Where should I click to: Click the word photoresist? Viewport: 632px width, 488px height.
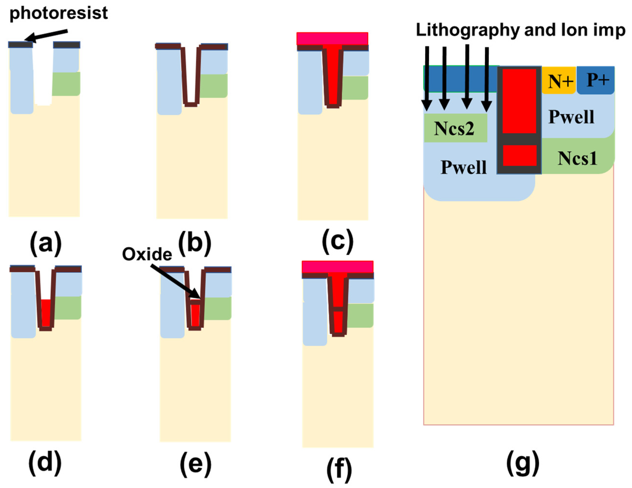[x=59, y=13]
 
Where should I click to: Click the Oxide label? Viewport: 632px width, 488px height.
[x=147, y=254]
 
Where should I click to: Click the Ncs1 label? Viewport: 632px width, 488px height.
[x=577, y=158]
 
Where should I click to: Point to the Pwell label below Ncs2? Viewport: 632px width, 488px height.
[x=463, y=167]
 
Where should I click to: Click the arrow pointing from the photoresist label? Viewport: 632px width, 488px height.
[x=46, y=35]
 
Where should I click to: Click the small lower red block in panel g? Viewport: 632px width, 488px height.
[x=519, y=155]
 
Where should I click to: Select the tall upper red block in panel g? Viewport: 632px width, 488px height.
[x=519, y=101]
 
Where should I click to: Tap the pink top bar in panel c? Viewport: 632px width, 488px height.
[x=332, y=38]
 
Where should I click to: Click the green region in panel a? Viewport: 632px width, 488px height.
[x=66, y=84]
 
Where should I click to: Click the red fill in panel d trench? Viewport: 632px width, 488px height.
[x=46, y=313]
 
